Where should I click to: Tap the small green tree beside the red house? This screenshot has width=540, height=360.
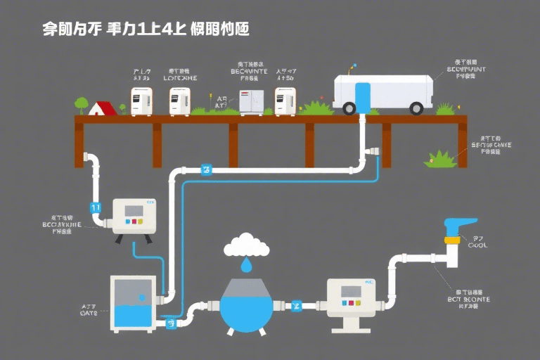pyautogui.click(x=82, y=105)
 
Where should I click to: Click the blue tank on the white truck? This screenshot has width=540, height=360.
pyautogui.click(x=363, y=97)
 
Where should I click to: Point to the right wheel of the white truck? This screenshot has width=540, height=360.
pyautogui.click(x=416, y=108)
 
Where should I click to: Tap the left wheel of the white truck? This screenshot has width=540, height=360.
pyautogui.click(x=349, y=108)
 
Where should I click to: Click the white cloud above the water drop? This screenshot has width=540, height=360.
pyautogui.click(x=246, y=245)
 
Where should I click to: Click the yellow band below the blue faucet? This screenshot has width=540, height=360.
pyautogui.click(x=453, y=240)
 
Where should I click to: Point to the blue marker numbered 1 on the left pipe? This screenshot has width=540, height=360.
pyautogui.click(x=96, y=207)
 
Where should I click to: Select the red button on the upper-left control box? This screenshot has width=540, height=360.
pyautogui.click(x=128, y=221)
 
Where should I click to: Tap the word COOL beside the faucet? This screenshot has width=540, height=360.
pyautogui.click(x=477, y=246)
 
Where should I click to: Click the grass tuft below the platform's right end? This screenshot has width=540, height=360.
pyautogui.click(x=441, y=159)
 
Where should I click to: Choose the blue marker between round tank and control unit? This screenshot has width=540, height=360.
pyautogui.click(x=296, y=305)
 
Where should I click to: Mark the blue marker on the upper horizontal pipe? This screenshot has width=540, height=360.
pyautogui.click(x=207, y=169)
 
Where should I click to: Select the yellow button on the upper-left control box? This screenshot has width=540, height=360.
pyautogui.click(x=141, y=221)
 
